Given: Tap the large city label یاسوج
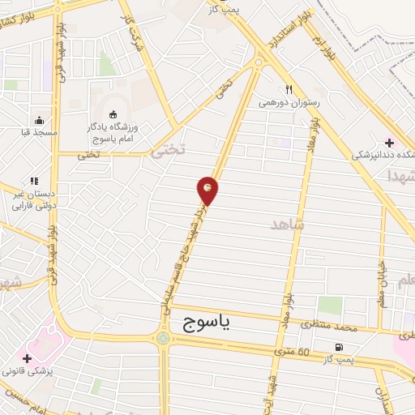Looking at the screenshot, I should pyautogui.click(x=202, y=324).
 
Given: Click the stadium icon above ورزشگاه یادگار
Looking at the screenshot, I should pyautogui.click(x=112, y=114).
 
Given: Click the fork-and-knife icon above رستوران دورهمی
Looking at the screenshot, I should pyautogui.click(x=289, y=89).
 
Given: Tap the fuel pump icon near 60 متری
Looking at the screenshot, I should pyautogui.click(x=337, y=347).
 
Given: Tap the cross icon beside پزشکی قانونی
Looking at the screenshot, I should pyautogui.click(x=28, y=357).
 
